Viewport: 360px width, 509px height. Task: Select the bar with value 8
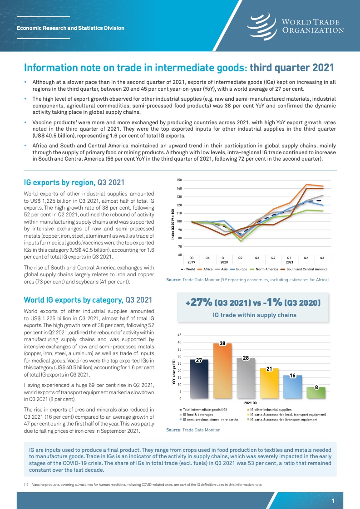pos(316,393)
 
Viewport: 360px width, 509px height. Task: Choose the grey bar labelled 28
pos(246,378)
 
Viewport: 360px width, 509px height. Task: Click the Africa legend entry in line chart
pos(207,269)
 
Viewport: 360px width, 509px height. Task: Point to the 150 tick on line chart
pos(179,180)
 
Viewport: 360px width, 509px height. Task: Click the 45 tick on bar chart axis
pos(180,335)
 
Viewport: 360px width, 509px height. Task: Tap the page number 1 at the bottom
pos(333,501)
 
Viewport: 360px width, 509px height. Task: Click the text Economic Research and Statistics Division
pos(70,28)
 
